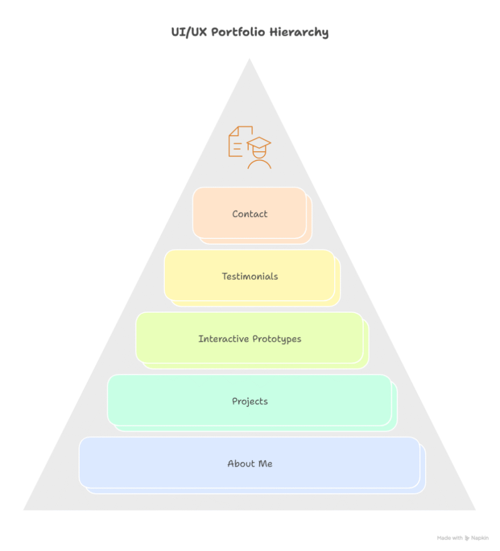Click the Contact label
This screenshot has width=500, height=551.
250,214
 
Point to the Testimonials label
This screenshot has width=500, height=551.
250,277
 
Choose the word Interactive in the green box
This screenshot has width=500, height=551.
222,339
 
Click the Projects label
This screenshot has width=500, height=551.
250,401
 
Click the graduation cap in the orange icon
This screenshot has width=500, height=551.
259,144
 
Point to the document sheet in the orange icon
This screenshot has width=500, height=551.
237,142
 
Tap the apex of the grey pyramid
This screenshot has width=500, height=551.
249,60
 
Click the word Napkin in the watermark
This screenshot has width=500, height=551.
481,538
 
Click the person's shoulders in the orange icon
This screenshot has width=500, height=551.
259,165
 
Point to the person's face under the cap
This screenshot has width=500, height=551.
259,153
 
